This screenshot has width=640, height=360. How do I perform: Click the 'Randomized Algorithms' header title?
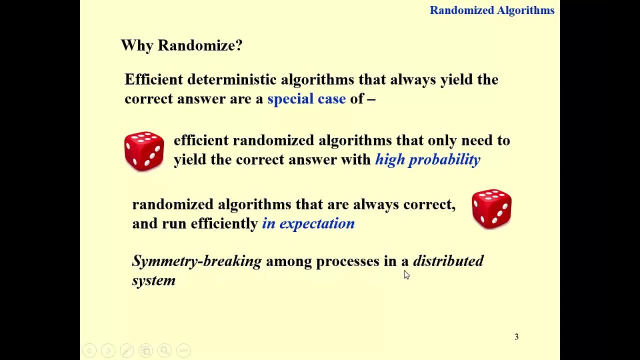(x=492, y=10)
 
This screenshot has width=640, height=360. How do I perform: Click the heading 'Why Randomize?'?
(x=181, y=45)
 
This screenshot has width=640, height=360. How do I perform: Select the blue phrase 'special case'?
(x=306, y=98)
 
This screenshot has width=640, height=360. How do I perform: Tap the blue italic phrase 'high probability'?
(x=427, y=159)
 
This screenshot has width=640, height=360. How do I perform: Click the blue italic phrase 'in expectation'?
(x=308, y=223)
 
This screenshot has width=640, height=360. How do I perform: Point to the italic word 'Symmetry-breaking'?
(x=196, y=261)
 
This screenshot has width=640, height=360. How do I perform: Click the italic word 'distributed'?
(x=448, y=261)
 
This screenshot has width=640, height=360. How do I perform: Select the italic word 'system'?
(x=153, y=280)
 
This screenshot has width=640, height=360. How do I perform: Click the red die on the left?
(x=144, y=151)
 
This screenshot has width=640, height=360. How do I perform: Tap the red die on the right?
(x=491, y=208)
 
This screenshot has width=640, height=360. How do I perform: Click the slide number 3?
(x=516, y=337)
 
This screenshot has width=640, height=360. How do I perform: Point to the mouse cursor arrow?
(x=406, y=274)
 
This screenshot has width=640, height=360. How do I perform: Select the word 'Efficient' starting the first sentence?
(x=153, y=79)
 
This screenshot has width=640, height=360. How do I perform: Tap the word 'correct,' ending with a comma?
(x=429, y=204)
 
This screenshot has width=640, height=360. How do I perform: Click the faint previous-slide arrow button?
(x=89, y=350)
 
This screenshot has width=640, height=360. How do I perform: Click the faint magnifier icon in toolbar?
(x=164, y=350)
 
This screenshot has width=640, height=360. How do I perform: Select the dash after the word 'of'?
(x=371, y=99)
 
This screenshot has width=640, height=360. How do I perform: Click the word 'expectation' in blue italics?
(x=317, y=223)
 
